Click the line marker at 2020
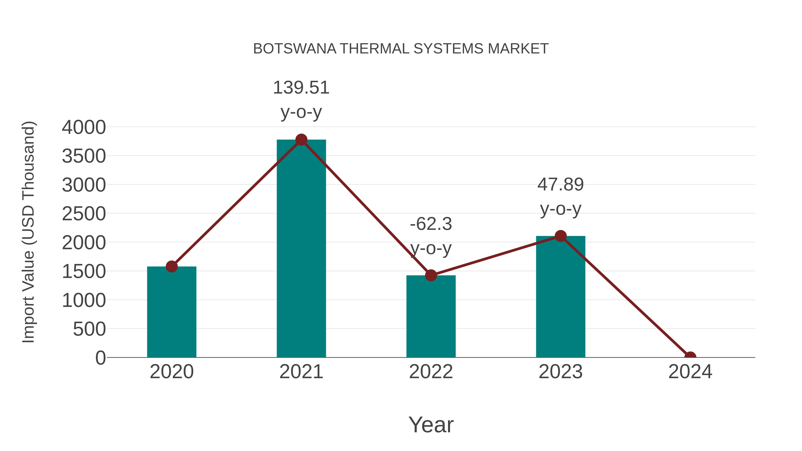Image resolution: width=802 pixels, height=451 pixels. coord(172,266)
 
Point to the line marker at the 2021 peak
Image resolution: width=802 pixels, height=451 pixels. coord(301,140)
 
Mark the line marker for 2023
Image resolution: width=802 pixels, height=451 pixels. coord(561,236)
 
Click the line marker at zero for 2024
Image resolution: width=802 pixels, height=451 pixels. coord(690,357)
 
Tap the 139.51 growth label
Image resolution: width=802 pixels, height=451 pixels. coord(301,88)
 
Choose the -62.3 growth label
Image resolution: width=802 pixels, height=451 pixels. coord(431,224)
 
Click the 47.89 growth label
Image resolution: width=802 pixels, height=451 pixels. coord(561,185)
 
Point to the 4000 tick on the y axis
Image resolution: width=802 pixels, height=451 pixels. coord(84,127)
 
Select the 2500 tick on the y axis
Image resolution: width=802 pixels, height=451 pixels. coord(84,214)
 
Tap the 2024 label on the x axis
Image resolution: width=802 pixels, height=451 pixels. coord(690,372)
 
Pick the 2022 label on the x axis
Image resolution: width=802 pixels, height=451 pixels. coord(431,372)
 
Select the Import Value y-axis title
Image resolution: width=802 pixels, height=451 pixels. coord(28,232)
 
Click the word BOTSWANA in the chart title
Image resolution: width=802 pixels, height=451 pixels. coord(295,49)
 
